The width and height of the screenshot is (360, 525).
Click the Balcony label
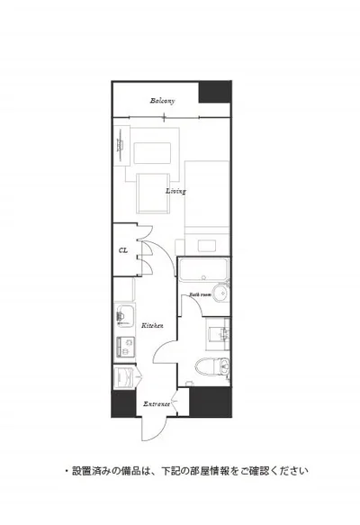(x=162, y=101)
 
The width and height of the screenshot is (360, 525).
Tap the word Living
(x=175, y=191)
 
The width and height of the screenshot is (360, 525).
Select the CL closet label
(x=123, y=250)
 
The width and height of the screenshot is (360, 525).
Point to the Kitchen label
(x=152, y=325)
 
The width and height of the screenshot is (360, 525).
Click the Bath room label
(x=201, y=294)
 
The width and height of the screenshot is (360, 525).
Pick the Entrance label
(x=157, y=404)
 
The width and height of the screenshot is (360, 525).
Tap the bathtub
(x=203, y=269)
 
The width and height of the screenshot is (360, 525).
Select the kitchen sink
(x=124, y=316)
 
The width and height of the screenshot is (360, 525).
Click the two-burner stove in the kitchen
(x=125, y=347)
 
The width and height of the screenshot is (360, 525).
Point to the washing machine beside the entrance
(x=124, y=377)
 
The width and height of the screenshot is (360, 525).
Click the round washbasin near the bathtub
(x=220, y=294)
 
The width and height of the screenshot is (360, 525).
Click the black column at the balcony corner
(x=215, y=92)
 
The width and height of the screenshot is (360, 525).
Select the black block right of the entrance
(x=210, y=402)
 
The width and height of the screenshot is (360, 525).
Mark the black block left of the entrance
(x=123, y=403)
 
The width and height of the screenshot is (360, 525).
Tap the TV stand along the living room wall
(x=121, y=146)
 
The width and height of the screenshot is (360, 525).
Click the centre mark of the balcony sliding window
(x=165, y=117)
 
